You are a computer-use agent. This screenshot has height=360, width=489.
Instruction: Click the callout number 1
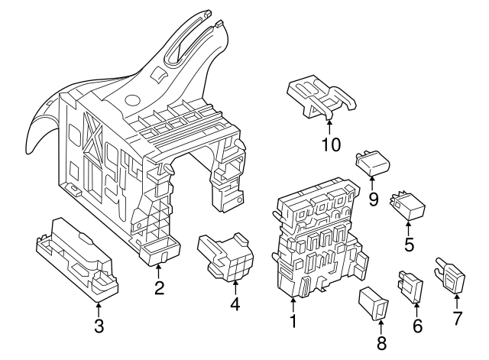(292, 322)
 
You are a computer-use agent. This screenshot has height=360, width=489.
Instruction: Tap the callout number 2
(159, 288)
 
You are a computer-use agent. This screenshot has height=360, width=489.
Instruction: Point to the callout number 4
(235, 304)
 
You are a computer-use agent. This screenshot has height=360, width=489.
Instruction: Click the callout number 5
(409, 245)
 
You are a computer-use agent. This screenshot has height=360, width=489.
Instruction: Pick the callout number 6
(416, 326)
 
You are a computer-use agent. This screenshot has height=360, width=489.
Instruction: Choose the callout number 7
(458, 319)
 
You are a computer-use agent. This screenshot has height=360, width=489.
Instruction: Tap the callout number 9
(373, 199)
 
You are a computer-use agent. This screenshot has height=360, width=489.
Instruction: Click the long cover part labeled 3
(76, 256)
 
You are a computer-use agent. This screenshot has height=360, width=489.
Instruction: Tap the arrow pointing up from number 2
(159, 271)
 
